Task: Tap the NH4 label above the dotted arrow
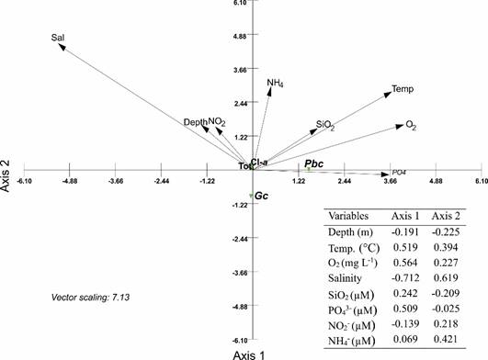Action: pos(275,84)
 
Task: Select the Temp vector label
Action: pos(402,89)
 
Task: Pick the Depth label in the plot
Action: pos(195,122)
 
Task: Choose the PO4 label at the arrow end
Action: pos(400,172)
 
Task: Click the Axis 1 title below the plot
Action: pos(249,353)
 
